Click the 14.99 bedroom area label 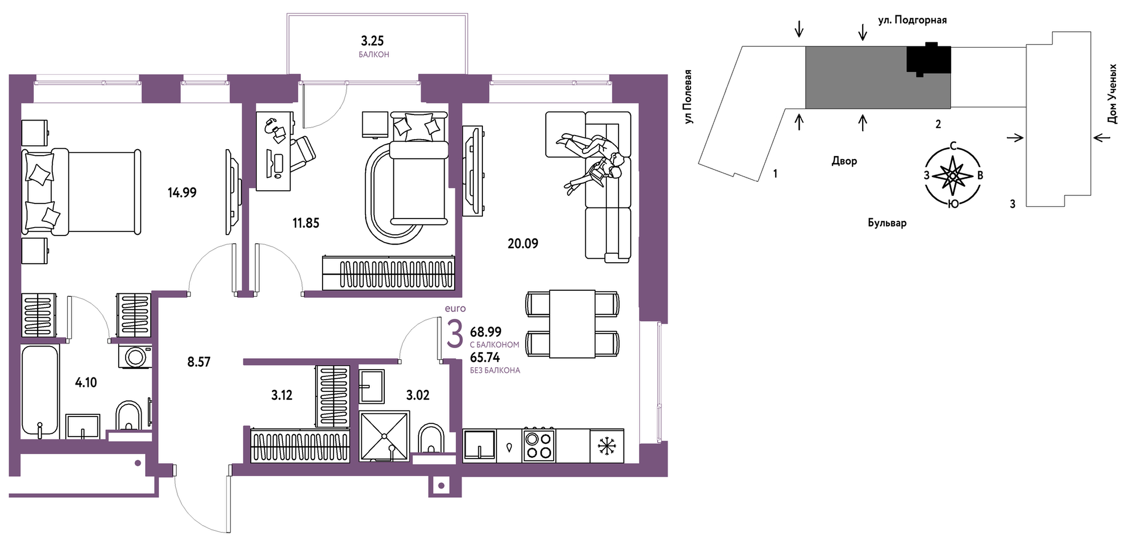click(x=182, y=192)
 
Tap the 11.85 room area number click(x=305, y=223)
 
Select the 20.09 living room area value click(x=523, y=244)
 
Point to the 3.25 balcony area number click(x=372, y=40)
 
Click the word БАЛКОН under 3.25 click(x=374, y=54)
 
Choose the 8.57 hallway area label click(x=199, y=362)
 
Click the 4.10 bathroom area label click(x=86, y=382)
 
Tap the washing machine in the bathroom click(x=135, y=356)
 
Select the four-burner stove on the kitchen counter click(x=539, y=445)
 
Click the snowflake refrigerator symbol click(x=606, y=446)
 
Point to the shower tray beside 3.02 click(x=384, y=436)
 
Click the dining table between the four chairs click(x=572, y=324)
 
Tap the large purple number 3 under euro click(x=455, y=334)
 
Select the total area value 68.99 click(x=486, y=332)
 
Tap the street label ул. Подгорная click(x=912, y=20)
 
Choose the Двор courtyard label click(x=844, y=161)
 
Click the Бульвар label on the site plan click(x=887, y=223)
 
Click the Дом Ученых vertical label click(x=1112, y=94)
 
